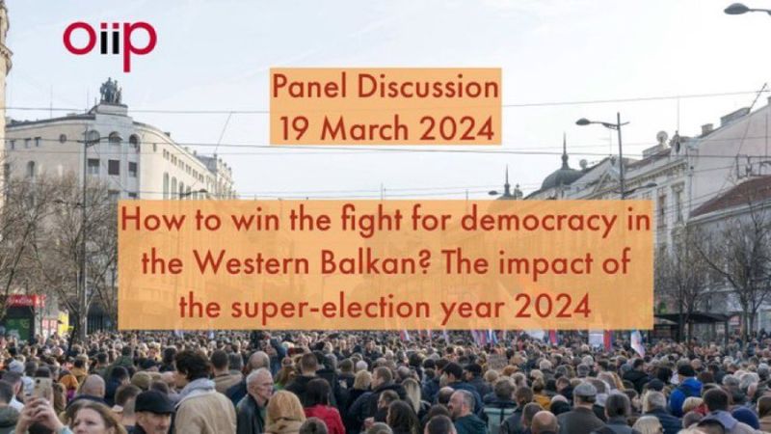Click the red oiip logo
pos(110,43)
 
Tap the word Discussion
pos(428,87)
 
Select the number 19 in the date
pos(295,129)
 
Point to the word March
pos(364,129)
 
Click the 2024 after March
pos(457,129)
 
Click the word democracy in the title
pos(539,221)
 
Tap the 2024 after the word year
pos(552,307)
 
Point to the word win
pos(255,221)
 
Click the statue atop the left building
pos(111,92)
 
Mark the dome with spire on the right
pos(564,170)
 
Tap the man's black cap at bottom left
pos(153,402)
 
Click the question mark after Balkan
pos(425,262)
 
